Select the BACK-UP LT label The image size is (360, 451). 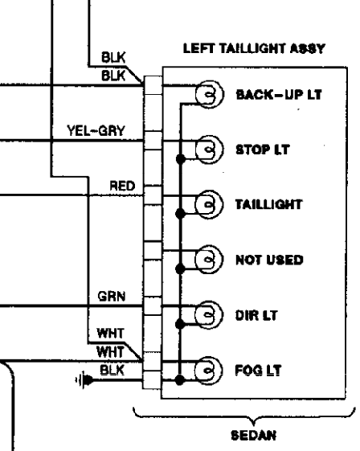278,95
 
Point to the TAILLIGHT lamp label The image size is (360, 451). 268,203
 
